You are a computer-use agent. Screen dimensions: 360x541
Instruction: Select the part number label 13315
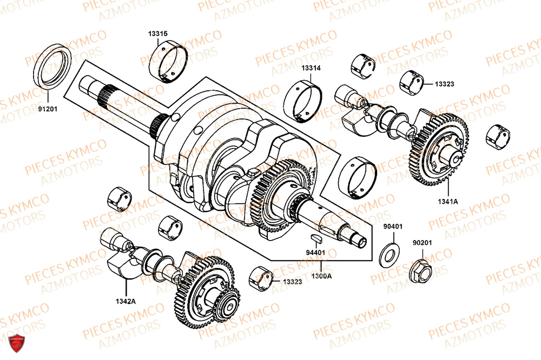click(x=158, y=34)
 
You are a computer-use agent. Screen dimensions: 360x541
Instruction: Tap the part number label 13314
click(x=311, y=68)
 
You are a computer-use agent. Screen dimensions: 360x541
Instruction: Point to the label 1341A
click(x=448, y=201)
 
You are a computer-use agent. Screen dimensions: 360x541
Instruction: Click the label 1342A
click(x=125, y=301)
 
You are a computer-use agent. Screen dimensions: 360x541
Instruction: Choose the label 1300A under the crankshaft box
click(x=322, y=276)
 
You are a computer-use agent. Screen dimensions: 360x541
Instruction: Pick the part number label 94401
click(x=315, y=252)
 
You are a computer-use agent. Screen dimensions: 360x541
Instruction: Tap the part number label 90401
click(x=393, y=226)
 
